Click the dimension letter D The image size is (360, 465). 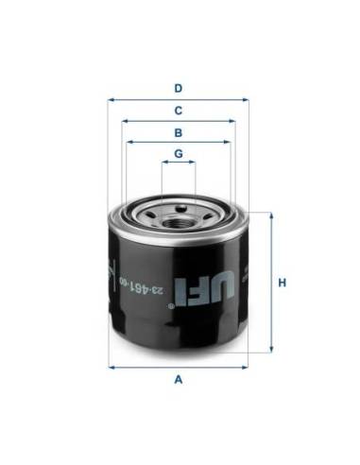coord(177,89)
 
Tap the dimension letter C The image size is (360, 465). coord(177,111)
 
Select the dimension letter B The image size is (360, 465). coord(177,132)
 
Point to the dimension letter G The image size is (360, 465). coord(177,153)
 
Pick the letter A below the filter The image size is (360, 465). coord(177,380)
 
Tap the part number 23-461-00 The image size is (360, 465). coord(175,283)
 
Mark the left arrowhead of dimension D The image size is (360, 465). coord(111,98)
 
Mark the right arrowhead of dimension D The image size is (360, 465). coord(245,98)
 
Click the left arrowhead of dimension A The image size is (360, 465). coord(111,365)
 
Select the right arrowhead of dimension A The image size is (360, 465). coord(245,365)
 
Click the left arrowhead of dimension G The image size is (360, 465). coord(163,163)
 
